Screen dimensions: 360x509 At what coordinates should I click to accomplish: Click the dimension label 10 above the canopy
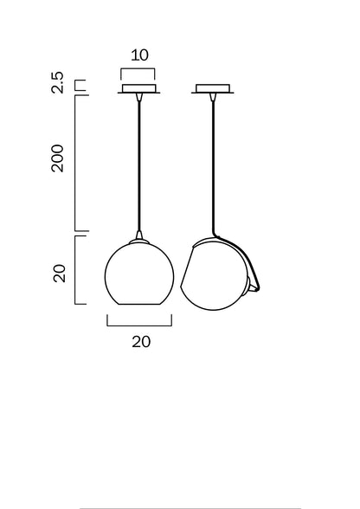139,55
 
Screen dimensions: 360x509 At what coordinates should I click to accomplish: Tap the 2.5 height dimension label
57,82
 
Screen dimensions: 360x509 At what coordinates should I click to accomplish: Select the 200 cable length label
58,158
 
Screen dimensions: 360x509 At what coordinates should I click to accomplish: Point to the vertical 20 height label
60,274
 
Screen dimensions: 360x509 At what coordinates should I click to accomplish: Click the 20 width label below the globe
141,342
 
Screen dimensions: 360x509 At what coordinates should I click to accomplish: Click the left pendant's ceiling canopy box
139,88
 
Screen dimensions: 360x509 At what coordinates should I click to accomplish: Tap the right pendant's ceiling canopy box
213,88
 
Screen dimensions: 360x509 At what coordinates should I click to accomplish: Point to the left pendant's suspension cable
139,165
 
